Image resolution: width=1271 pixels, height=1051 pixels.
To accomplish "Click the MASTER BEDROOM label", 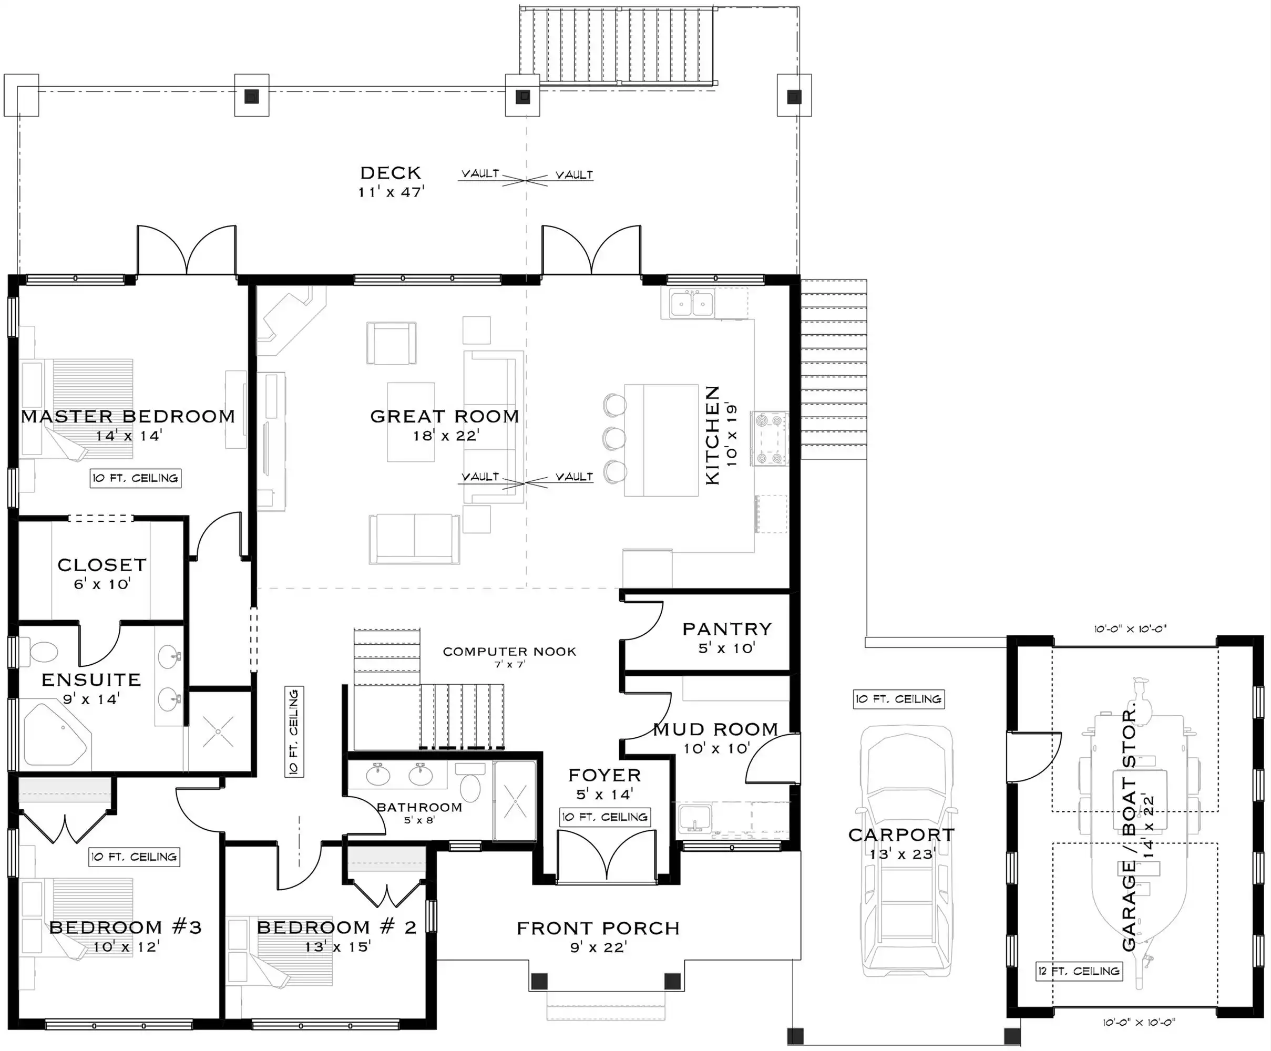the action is (128, 416).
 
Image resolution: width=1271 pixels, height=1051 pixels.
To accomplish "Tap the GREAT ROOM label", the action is (445, 416).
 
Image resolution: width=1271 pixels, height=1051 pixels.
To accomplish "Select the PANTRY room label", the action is (727, 628).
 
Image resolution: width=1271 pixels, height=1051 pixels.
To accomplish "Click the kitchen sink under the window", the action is (692, 303).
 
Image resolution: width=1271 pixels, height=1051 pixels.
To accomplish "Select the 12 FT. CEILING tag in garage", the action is (1080, 971).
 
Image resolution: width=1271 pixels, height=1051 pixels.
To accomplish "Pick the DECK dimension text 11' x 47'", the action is (391, 192).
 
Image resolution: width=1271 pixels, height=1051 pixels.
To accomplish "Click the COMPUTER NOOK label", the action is (510, 652).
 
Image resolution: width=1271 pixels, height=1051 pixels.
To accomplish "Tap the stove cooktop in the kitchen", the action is (769, 439).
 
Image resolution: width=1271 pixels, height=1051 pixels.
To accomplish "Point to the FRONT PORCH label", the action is (598, 928).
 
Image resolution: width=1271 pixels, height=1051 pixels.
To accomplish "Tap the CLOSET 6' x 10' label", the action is (101, 574).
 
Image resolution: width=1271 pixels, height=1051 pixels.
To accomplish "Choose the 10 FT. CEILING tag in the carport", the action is (899, 699).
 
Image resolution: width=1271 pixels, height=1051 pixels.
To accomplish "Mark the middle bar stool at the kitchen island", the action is (614, 437).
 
